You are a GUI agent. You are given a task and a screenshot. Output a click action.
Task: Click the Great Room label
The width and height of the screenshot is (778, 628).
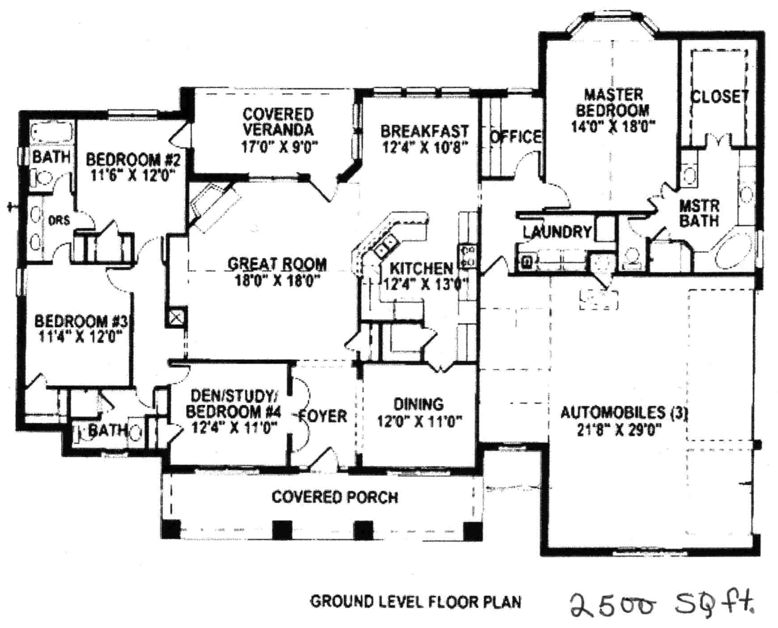277,264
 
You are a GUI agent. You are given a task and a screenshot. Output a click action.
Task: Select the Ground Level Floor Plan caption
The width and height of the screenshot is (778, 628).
415,602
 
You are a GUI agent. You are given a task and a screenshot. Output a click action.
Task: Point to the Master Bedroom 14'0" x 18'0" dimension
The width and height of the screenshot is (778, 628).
613,127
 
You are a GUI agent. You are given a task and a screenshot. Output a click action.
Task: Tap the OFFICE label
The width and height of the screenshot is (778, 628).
515,137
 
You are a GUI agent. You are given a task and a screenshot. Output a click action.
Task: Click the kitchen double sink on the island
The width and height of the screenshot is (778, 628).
386,248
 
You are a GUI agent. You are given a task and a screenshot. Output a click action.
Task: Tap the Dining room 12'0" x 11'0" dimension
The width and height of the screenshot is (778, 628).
419,421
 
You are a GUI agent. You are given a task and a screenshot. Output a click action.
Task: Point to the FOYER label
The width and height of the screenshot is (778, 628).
323,416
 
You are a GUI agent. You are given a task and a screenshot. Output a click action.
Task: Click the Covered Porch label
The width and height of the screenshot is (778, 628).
334,497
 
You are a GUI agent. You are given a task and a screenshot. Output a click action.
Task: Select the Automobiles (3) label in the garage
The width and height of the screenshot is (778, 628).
624,412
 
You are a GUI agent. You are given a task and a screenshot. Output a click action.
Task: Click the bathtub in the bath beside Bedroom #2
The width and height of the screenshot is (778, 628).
52,133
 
